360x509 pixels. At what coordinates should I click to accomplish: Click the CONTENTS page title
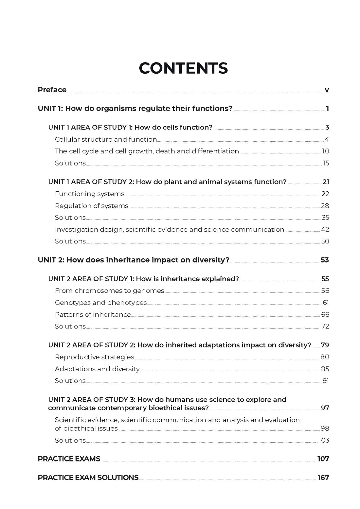click(x=183, y=68)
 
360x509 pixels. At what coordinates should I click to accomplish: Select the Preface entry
click(x=52, y=90)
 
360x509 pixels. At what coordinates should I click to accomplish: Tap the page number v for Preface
click(x=327, y=90)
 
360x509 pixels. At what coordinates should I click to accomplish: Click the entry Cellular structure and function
click(x=106, y=139)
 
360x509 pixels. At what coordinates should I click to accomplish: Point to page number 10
click(x=325, y=151)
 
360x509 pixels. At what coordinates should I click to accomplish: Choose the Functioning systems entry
click(x=90, y=194)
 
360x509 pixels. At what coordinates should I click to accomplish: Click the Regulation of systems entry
click(x=92, y=206)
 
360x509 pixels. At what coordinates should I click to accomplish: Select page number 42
click(x=325, y=229)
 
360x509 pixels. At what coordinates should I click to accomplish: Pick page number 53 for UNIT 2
click(x=325, y=260)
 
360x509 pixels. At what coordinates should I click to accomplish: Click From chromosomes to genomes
click(x=110, y=290)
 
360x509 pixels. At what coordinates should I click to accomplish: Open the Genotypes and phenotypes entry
click(x=101, y=303)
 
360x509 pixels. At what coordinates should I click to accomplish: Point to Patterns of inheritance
click(x=93, y=314)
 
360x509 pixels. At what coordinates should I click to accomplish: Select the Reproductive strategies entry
click(x=95, y=357)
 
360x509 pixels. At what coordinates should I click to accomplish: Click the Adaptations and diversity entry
click(x=97, y=369)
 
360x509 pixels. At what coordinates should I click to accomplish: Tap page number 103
click(x=324, y=440)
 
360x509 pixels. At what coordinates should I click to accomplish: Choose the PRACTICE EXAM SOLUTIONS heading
click(x=88, y=478)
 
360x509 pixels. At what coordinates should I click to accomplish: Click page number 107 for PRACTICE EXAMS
click(x=323, y=459)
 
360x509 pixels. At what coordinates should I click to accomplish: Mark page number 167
click(x=323, y=478)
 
